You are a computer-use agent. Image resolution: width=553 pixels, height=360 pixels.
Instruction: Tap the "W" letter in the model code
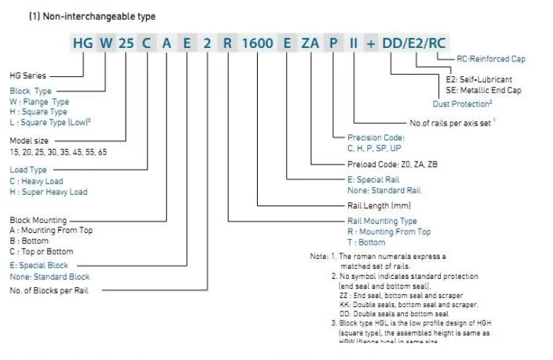coord(105,43)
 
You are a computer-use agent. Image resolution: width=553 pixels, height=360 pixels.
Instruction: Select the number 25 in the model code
coord(126,43)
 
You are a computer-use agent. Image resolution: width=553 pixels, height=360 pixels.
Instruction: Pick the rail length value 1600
coord(258,43)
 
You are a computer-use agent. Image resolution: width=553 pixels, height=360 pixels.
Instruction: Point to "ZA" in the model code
coord(311,43)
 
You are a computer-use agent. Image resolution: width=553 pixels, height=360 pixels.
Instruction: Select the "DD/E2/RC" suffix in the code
coord(414,43)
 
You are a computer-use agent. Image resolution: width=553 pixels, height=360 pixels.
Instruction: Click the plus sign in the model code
coord(371,43)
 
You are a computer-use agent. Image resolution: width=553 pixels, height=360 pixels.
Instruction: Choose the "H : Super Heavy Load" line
coord(48,191)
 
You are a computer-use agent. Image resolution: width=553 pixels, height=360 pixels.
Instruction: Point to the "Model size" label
coord(29,140)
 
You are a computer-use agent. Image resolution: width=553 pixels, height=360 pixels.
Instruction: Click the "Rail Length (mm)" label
coord(379,205)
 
